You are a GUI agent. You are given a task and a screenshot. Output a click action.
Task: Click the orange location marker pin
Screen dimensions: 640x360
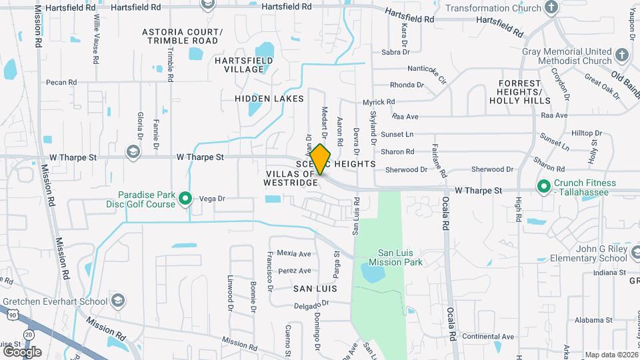tap(320, 159)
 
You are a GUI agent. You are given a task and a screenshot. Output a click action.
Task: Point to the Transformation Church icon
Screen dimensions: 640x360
tap(551, 7)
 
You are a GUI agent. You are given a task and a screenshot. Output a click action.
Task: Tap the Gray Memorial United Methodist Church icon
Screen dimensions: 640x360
tap(621, 55)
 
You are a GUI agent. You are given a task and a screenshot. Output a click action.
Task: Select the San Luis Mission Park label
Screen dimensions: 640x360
tap(391, 257)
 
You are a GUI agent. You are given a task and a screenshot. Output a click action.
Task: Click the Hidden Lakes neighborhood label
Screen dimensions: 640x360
tap(269, 99)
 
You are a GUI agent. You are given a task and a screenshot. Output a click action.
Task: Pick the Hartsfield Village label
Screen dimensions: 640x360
tap(239, 65)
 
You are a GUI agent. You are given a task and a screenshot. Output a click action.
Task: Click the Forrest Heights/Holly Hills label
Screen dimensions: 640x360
tap(520, 91)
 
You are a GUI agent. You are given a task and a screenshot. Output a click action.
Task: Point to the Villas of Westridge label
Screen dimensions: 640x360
tap(291, 178)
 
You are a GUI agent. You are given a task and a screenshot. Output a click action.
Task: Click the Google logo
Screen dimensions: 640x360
tap(22, 351)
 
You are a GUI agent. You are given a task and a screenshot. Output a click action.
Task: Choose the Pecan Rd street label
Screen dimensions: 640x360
tap(61, 83)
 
